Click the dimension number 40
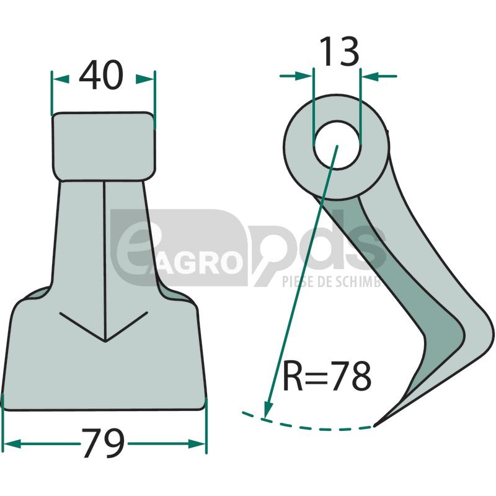coord(101,75)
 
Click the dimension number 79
coord(104,443)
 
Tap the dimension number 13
coord(340,51)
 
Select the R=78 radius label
coord(327,376)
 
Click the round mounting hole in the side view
coord(337,145)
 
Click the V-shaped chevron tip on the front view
coord(105,342)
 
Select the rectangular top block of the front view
coord(104,146)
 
